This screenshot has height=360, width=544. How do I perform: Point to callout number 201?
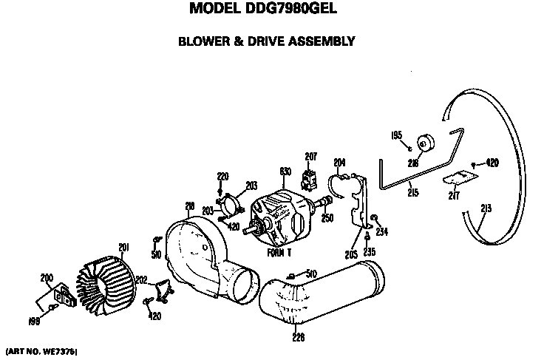click(x=125, y=247)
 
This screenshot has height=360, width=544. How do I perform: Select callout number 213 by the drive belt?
click(x=486, y=209)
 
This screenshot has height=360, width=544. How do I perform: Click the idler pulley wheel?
click(x=426, y=143)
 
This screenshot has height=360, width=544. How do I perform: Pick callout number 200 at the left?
click(x=47, y=276)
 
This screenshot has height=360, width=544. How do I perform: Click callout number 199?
click(x=35, y=322)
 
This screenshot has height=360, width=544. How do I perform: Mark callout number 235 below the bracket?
click(x=369, y=251)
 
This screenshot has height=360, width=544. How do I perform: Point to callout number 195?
click(x=397, y=135)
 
